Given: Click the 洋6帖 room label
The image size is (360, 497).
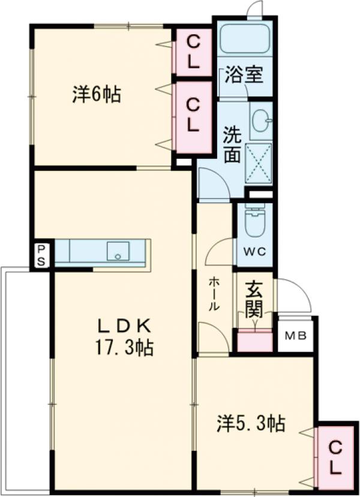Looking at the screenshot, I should tap(97, 95).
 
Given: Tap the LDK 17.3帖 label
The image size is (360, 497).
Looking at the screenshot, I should tap(125, 336).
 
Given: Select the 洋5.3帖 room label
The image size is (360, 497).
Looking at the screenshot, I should tap(250, 424).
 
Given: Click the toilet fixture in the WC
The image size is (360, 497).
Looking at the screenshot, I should tap(254, 224).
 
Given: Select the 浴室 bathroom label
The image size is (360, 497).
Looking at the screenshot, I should tap(244, 76).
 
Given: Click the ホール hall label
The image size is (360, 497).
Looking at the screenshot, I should tap(214, 293).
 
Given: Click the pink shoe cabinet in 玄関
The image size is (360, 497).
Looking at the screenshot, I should tap(254, 341).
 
